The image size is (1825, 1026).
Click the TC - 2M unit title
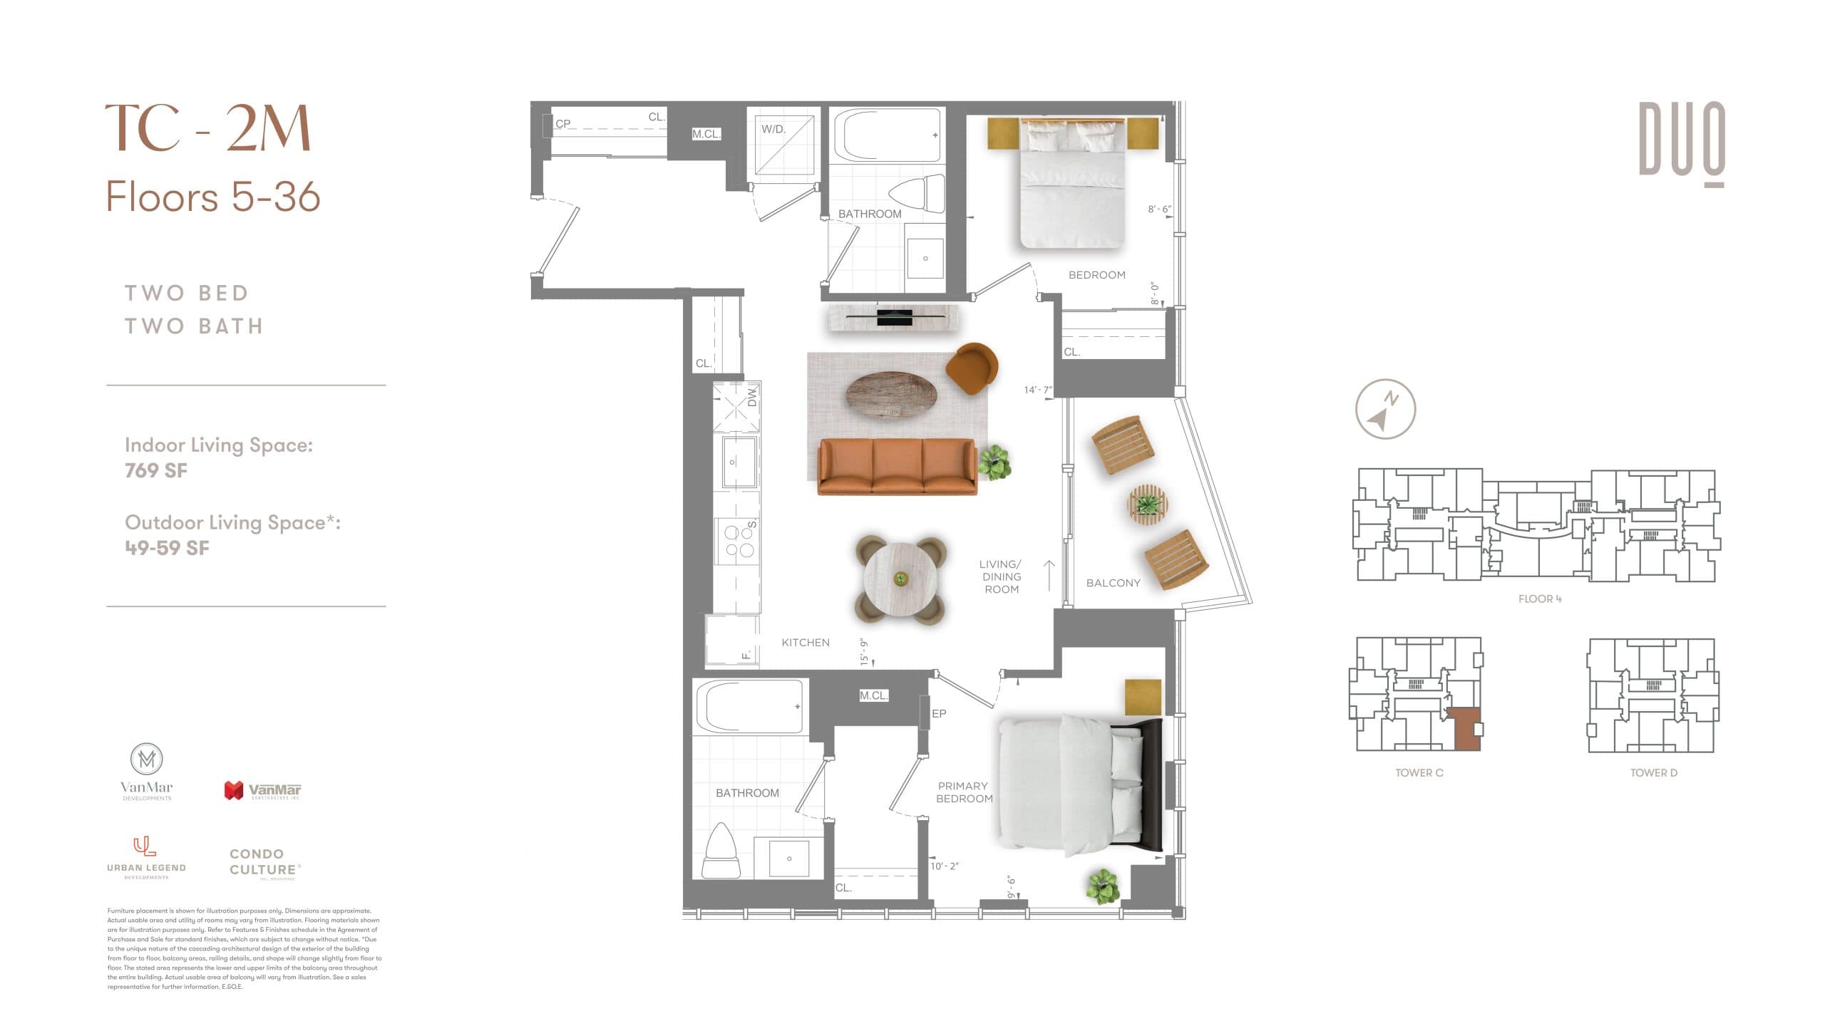[207, 128]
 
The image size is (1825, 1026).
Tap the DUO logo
[1681, 142]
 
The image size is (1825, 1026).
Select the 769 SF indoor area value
[156, 471]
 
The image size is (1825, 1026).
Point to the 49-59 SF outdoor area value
[167, 548]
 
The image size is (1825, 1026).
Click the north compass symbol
[1384, 409]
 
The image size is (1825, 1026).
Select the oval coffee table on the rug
[891, 395]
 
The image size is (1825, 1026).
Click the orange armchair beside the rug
[971, 368]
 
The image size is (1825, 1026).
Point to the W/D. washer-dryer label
[773, 130]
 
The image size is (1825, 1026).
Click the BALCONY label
[1113, 583]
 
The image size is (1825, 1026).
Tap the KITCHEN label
[806, 643]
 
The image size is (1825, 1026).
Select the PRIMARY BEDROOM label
[964, 792]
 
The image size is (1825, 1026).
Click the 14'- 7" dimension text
[1037, 390]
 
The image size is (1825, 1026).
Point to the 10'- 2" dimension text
[945, 866]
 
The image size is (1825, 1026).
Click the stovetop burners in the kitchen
[739, 541]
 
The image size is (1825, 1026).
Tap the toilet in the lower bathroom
[721, 852]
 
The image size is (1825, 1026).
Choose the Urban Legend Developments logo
[146, 858]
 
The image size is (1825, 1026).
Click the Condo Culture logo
[264, 863]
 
